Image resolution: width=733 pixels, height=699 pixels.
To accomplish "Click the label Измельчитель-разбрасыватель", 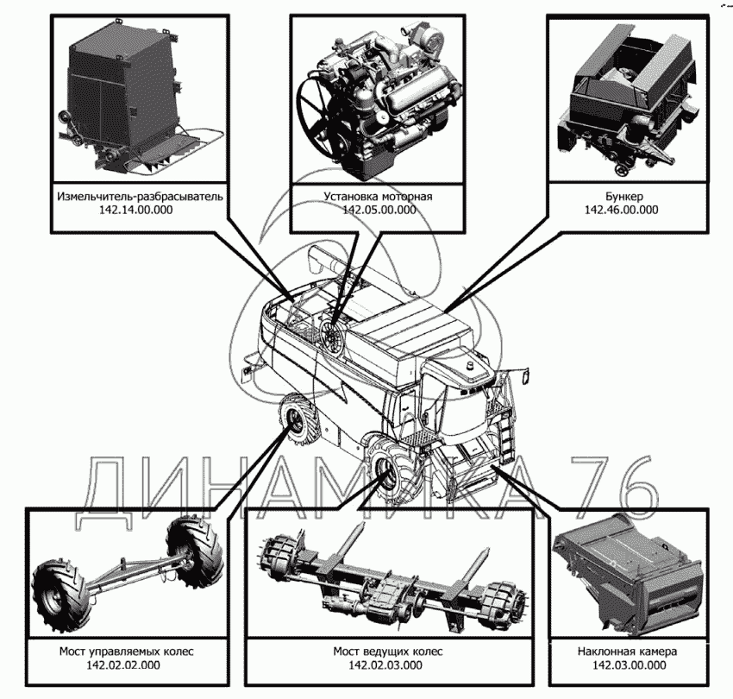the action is click(x=140, y=196).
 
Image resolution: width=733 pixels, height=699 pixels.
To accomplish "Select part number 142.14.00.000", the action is click(x=135, y=210).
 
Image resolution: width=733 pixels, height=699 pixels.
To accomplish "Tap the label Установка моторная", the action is click(x=379, y=196).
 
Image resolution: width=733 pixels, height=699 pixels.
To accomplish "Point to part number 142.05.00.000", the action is click(x=379, y=210).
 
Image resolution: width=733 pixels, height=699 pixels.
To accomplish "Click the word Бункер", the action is click(x=623, y=196).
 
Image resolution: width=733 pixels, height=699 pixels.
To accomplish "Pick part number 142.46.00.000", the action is click(x=621, y=210).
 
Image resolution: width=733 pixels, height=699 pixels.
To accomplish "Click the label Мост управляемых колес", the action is click(x=126, y=652).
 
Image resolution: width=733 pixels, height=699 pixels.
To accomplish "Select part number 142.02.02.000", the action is click(x=123, y=664).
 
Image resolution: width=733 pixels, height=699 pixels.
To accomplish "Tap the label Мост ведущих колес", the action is click(x=388, y=652).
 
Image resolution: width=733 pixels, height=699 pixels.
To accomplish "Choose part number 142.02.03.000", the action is click(x=385, y=664).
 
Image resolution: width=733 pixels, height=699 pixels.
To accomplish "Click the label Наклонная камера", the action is click(x=627, y=652).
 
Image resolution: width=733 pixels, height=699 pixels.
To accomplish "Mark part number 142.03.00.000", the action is click(x=630, y=664).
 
